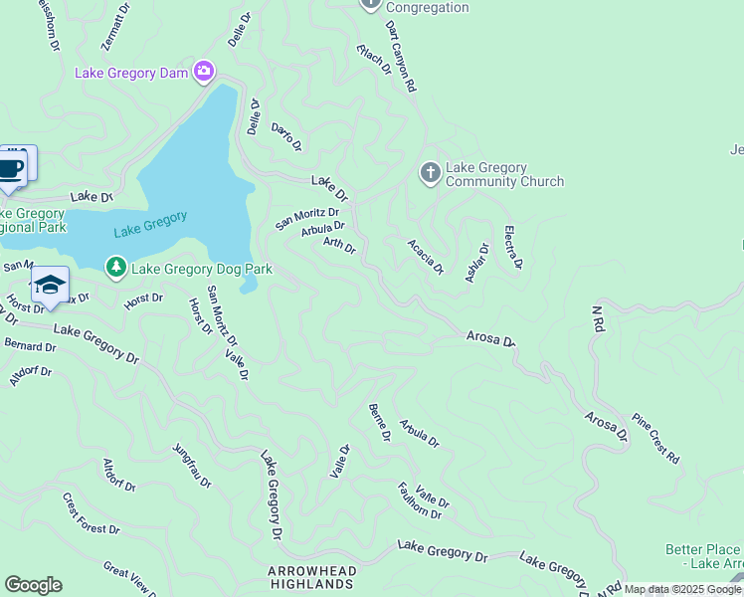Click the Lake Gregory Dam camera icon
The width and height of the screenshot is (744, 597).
(204, 71)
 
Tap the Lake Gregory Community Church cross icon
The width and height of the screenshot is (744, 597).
(430, 174)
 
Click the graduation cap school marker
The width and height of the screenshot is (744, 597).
(50, 286)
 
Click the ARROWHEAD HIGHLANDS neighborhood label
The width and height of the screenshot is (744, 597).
(309, 577)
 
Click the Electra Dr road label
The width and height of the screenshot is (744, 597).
(513, 248)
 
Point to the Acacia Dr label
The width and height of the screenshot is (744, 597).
(425, 257)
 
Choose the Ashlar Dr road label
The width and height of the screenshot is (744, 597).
(477, 263)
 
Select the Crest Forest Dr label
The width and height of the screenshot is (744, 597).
(91, 515)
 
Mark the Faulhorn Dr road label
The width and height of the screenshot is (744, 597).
(419, 500)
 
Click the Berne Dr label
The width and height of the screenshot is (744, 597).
(378, 423)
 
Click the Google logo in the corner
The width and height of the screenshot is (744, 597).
(33, 585)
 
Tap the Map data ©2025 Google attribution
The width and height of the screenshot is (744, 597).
(682, 589)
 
